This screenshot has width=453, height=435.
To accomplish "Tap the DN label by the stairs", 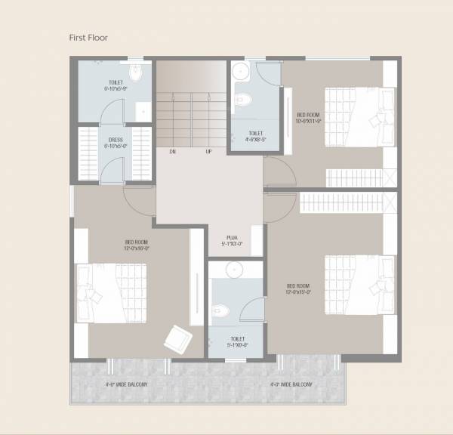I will [172, 152].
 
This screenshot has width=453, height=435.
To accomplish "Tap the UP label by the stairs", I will [208, 152].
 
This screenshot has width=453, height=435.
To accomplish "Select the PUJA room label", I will [233, 240].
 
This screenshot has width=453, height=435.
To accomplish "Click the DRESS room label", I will [116, 142].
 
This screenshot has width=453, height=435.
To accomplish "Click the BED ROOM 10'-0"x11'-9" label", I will [310, 117].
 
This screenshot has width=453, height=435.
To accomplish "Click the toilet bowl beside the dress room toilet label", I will [136, 72].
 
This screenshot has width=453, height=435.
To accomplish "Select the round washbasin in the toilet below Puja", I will [235, 270].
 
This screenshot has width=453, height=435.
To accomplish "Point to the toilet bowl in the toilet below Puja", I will [219, 310].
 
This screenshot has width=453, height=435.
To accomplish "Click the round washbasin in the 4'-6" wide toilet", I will [240, 71].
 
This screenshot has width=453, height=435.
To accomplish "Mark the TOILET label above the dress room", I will [116, 85].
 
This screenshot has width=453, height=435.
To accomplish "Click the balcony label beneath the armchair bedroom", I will [127, 384].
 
